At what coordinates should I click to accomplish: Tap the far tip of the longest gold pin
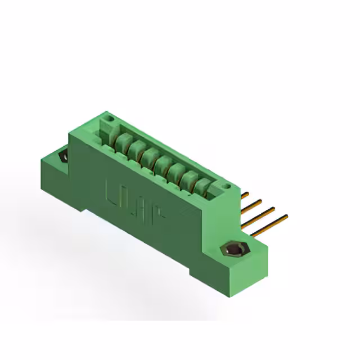pyautogui.click(x=286, y=215)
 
